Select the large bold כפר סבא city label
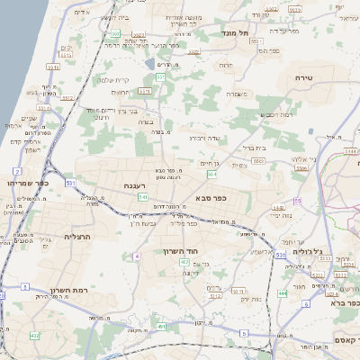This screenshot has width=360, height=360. [x=210, y=198]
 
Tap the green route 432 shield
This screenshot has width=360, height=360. [x=34, y=336]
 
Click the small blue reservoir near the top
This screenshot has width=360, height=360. [x=149, y=65]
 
